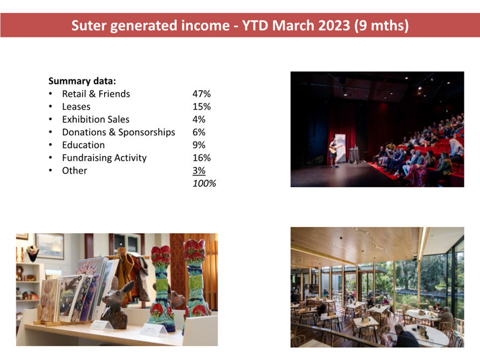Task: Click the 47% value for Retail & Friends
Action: click(201, 94)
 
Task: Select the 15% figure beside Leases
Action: click(201, 107)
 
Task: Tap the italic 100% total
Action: click(204, 183)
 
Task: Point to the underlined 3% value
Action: click(198, 171)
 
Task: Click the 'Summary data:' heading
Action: click(82, 81)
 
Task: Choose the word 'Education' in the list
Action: click(83, 145)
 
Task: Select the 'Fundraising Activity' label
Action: click(104, 158)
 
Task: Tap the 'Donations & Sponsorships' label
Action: click(119, 132)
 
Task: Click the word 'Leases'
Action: click(76, 107)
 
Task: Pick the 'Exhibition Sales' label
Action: click(95, 119)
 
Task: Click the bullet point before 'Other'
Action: click(51, 171)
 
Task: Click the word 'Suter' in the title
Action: click(89, 25)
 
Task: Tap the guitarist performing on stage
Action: click(334, 152)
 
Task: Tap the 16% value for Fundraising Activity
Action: click(201, 158)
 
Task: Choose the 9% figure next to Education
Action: click(198, 145)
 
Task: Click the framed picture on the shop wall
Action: click(50, 246)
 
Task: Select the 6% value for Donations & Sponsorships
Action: click(198, 132)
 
